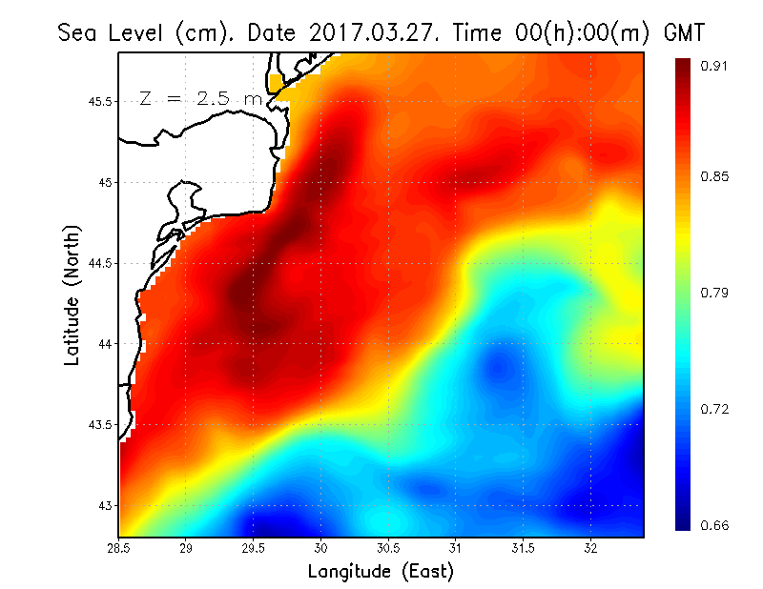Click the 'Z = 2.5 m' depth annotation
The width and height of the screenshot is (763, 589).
[x=200, y=98]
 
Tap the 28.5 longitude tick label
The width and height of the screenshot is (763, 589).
[x=119, y=548]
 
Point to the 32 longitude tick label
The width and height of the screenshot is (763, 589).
[x=591, y=548]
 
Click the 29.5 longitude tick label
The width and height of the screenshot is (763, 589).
[x=254, y=548]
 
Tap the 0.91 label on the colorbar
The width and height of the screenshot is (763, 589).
[x=715, y=66]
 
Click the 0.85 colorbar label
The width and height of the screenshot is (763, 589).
[x=715, y=176]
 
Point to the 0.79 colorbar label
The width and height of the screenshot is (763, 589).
[x=715, y=292]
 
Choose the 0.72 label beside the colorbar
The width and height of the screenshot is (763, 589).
[x=715, y=409]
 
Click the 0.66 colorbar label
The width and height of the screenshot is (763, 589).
[x=715, y=525]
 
